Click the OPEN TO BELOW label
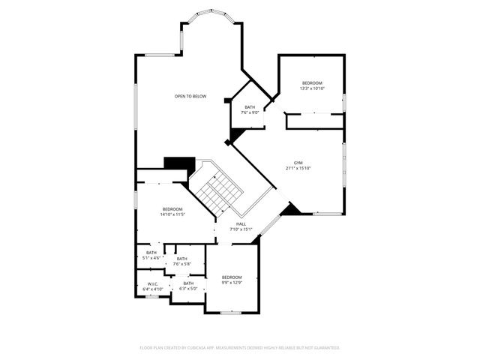click(x=190, y=96)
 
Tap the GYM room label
click(x=298, y=163)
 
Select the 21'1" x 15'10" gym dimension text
click(x=298, y=168)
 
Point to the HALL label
click(x=241, y=223)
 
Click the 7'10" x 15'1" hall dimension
click(x=241, y=229)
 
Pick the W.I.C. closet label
click(x=152, y=283)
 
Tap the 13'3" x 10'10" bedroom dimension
click(x=312, y=88)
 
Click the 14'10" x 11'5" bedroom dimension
click(x=172, y=214)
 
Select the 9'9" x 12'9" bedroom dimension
click(x=232, y=282)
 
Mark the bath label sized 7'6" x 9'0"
click(x=250, y=107)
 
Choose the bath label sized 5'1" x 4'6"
click(x=152, y=253)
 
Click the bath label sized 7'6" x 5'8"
click(x=182, y=259)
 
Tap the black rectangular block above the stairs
click(x=179, y=163)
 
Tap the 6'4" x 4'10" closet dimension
click(x=152, y=289)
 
